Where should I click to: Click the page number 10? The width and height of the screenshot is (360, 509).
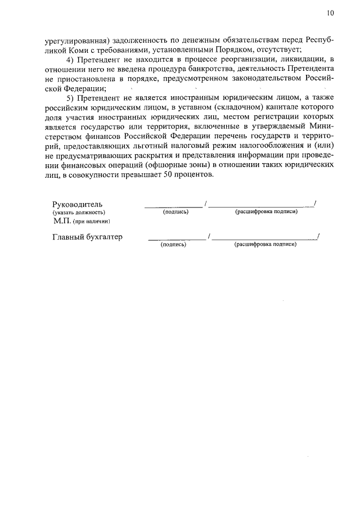(330, 13)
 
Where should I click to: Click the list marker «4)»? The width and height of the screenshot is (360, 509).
(71, 60)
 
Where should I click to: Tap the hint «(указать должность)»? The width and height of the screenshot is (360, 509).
(79, 212)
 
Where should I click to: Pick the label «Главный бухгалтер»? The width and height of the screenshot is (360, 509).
(87, 237)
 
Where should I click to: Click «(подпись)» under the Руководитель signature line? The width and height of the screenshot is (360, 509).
(175, 212)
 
